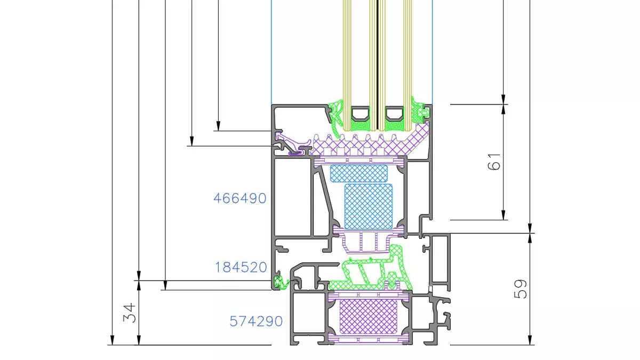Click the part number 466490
pyautogui.click(x=239, y=198)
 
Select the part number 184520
pyautogui.click(x=241, y=267)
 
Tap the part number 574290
pyautogui.click(x=256, y=322)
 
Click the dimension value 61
pyautogui.click(x=495, y=162)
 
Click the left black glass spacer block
pyautogui.click(x=360, y=114)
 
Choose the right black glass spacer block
pyautogui.click(x=395, y=114)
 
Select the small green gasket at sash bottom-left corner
pyautogui.click(x=277, y=281)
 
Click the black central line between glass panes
pyautogui.click(x=378, y=64)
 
